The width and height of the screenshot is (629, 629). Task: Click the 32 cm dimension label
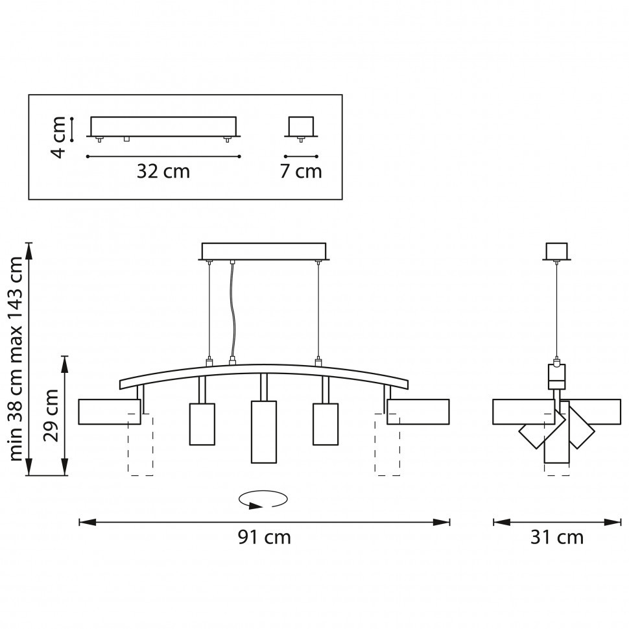point(163,172)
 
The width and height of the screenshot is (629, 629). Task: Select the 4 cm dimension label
point(59,137)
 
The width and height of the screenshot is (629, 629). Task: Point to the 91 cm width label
point(264,538)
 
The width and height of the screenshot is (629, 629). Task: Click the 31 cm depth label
point(556,538)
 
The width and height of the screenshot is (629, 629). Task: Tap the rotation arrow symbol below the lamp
point(263,499)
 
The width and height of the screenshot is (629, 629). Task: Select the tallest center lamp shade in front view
point(263,432)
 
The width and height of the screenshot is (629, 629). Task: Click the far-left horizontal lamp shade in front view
point(109,412)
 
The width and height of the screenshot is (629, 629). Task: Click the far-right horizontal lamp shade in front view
point(418,412)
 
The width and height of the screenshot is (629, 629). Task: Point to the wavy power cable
point(232,311)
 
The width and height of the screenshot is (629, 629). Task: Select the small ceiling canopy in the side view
point(556,251)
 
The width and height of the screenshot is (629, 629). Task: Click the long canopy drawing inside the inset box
point(163,126)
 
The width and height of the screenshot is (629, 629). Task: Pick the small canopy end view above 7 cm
point(301,126)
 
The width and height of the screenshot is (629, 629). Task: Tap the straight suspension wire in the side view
point(556,311)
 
